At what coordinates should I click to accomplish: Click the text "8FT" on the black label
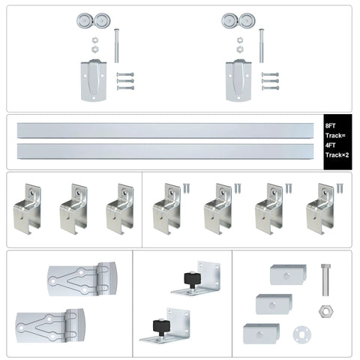tap(331, 125)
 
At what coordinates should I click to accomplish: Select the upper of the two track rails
tap(166, 130)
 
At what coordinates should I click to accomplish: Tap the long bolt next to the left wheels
tap(117, 45)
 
